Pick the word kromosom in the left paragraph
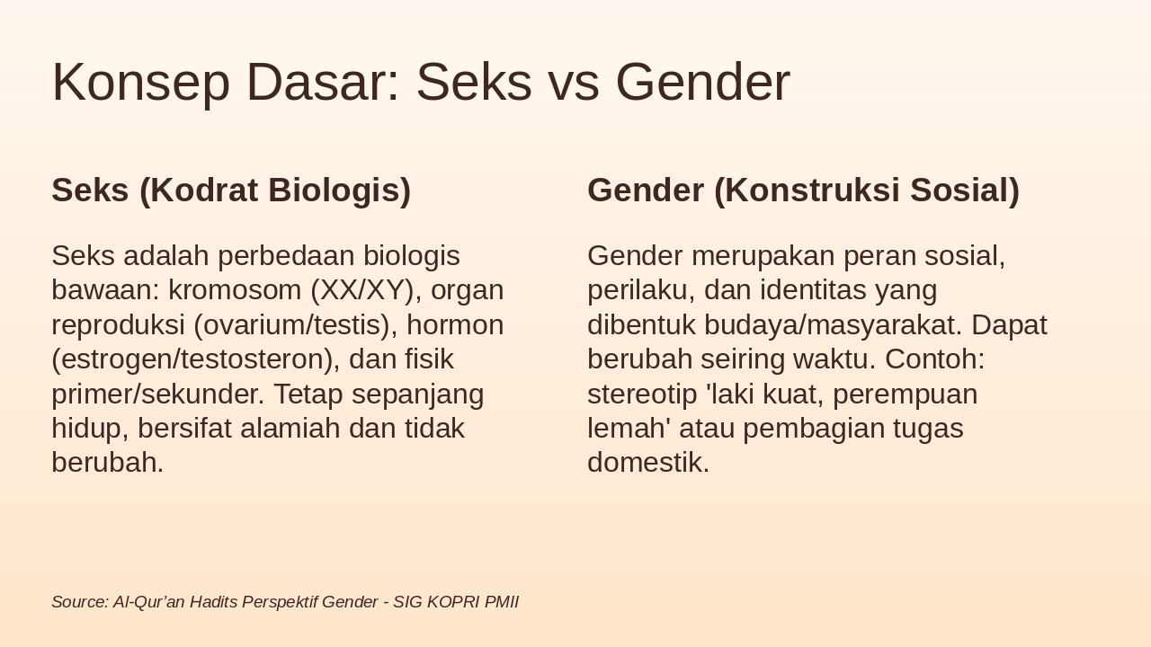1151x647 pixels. (x=235, y=290)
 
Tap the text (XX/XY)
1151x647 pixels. (x=362, y=290)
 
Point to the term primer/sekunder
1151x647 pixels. (x=157, y=394)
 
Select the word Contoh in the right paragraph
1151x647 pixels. (x=934, y=359)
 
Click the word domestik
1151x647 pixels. (x=648, y=463)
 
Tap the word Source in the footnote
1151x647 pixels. (x=79, y=602)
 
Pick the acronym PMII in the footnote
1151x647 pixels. (x=502, y=602)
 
